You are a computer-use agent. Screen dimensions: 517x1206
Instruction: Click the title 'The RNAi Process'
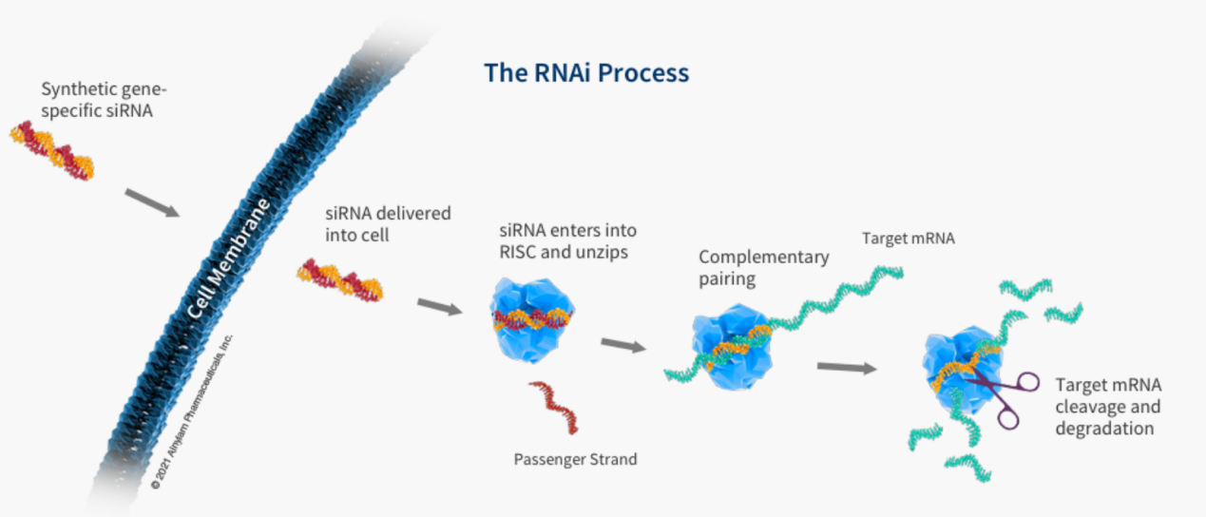(x=585, y=73)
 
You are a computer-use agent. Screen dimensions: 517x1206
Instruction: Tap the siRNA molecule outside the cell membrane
(x=52, y=152)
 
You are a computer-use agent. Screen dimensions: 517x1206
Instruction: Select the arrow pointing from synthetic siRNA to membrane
(x=151, y=202)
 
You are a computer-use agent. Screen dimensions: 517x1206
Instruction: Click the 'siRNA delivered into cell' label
(x=388, y=223)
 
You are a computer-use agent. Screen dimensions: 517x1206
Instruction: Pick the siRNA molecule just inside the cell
(x=339, y=280)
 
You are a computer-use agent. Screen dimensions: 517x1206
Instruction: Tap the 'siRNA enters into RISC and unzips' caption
(x=567, y=241)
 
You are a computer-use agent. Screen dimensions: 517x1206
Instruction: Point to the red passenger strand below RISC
(x=555, y=407)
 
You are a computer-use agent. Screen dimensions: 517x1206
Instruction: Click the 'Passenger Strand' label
(x=575, y=460)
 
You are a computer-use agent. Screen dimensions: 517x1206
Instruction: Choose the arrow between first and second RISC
(x=622, y=344)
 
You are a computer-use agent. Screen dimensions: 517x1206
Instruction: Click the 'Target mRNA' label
(x=908, y=239)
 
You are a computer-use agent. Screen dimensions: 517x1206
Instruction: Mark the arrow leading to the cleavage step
(x=846, y=367)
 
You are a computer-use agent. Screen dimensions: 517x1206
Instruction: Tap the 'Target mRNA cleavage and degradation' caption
(x=1108, y=407)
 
